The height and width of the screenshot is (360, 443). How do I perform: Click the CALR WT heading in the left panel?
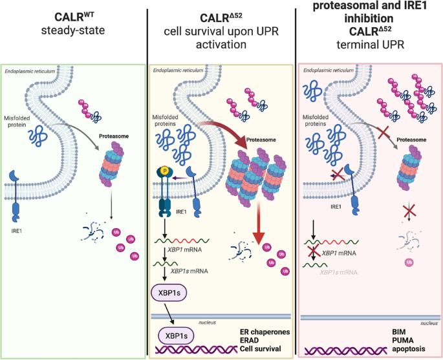[x=74, y=12]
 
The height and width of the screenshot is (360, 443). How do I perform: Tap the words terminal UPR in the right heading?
[x=370, y=48]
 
